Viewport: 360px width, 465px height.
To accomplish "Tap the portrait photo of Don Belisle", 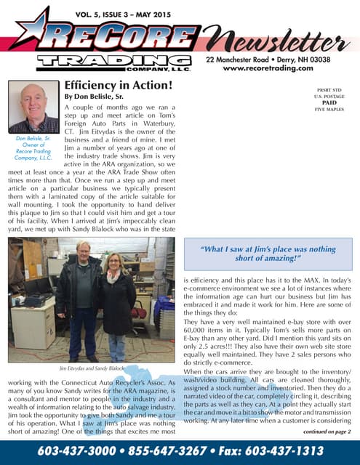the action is (x=33, y=106).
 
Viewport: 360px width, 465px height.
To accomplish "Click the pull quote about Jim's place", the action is (x=268, y=254).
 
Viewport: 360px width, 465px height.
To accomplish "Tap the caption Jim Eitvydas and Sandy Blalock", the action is (x=89, y=368).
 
